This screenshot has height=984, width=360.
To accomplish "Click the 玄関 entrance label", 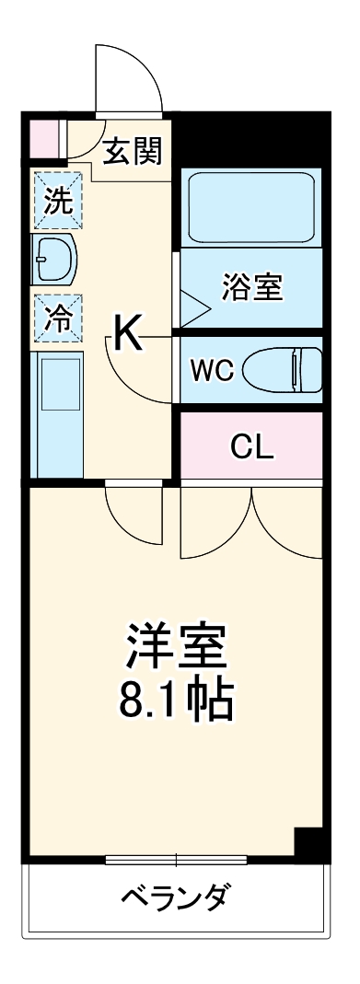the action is tap(133, 151).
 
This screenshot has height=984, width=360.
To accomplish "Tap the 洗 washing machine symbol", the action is tap(58, 201).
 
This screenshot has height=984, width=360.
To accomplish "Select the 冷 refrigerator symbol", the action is tap(58, 318).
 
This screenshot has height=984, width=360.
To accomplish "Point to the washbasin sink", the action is tap(54, 260).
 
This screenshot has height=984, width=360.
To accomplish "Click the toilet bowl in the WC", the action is tap(282, 370).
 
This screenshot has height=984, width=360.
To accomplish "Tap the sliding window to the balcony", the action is tap(176, 861).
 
